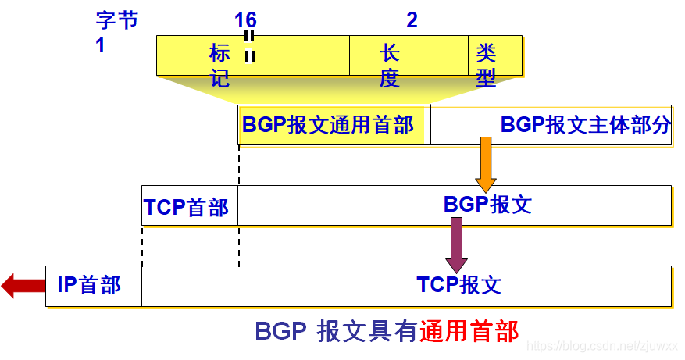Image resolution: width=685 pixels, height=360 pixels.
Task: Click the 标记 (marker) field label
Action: (x=219, y=66)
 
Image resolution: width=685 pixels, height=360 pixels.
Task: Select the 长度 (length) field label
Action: (x=390, y=66)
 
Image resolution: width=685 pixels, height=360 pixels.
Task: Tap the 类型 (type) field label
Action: (x=486, y=65)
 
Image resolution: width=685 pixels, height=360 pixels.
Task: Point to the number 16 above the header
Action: (x=245, y=20)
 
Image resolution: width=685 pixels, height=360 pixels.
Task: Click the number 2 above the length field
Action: (x=412, y=20)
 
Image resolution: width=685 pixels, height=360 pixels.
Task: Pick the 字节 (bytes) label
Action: (x=116, y=20)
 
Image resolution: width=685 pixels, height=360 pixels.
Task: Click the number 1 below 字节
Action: (x=100, y=45)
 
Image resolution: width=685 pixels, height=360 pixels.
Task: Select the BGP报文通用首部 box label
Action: (x=328, y=125)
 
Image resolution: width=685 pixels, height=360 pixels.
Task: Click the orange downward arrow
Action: (x=485, y=164)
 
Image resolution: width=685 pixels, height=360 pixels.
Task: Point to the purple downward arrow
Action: (x=456, y=244)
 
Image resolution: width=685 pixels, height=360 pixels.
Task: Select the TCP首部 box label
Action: (x=186, y=208)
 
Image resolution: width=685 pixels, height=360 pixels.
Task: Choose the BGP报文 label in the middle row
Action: (x=487, y=205)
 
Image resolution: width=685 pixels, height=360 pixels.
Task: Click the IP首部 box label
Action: (x=89, y=285)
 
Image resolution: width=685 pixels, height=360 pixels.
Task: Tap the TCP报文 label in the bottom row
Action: (x=458, y=285)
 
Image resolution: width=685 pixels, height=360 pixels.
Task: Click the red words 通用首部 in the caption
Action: (x=469, y=331)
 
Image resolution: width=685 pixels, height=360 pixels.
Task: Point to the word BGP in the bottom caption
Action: (x=280, y=331)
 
